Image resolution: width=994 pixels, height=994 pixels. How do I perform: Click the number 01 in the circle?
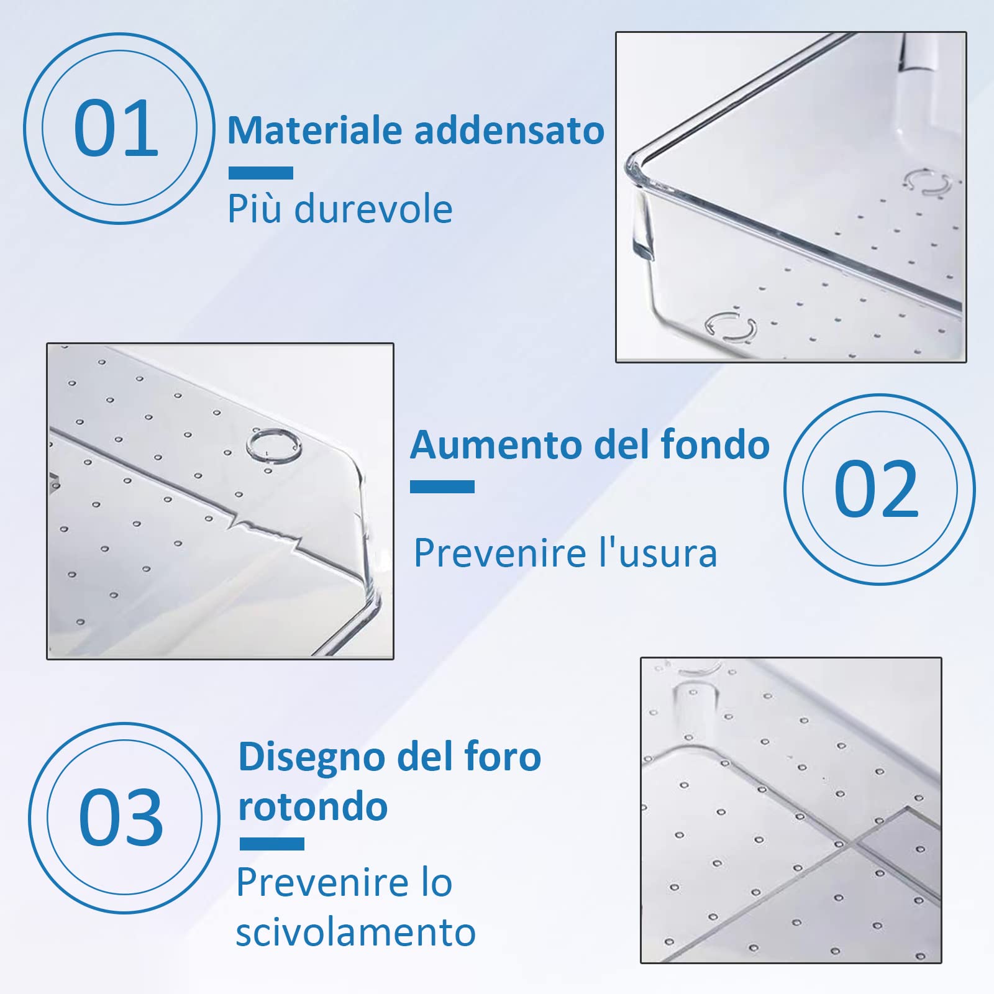click(x=116, y=128)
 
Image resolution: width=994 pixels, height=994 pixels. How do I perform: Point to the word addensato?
click(x=509, y=130)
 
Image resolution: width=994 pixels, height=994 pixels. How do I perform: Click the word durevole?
click(x=373, y=209)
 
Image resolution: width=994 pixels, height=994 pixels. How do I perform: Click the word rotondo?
click(x=313, y=807)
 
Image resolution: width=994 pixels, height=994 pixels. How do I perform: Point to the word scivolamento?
click(x=355, y=932)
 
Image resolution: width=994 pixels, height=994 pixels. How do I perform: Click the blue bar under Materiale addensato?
click(x=260, y=173)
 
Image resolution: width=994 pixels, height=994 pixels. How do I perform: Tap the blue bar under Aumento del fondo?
click(x=442, y=487)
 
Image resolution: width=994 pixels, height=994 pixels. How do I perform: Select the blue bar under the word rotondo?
click(x=271, y=844)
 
